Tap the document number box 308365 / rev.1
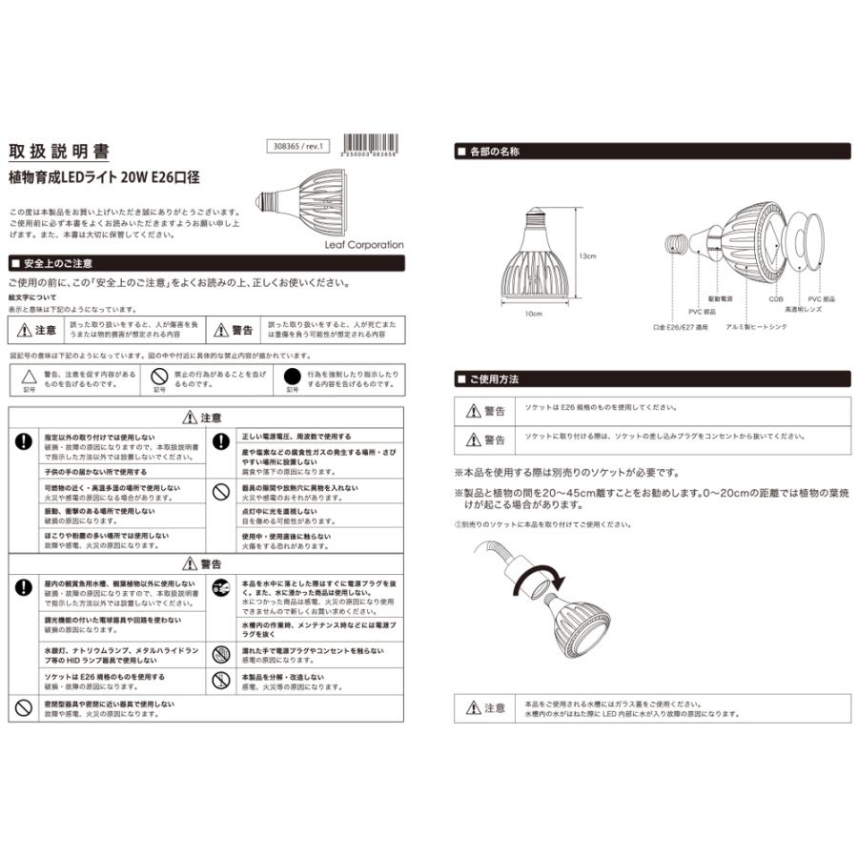click(299, 148)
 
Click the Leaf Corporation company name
click(363, 245)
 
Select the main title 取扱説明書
click(58, 152)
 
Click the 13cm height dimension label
click(586, 255)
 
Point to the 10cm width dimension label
click(532, 312)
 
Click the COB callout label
click(776, 298)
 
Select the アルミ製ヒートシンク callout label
click(730, 326)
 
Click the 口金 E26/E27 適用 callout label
click(681, 326)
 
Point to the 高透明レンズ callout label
click(799, 310)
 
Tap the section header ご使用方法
click(495, 378)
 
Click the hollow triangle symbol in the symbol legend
click(28, 376)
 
